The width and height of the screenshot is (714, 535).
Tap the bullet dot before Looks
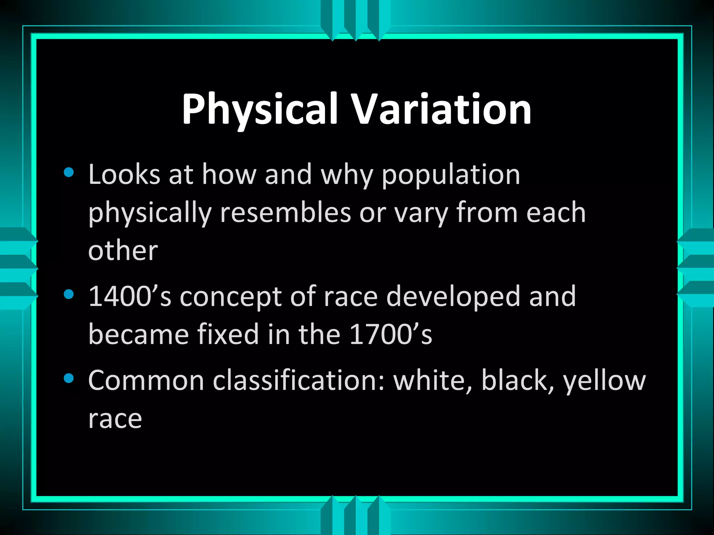click(x=69, y=173)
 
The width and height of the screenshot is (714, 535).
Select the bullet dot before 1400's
click(x=69, y=295)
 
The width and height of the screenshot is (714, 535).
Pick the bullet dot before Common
click(x=69, y=379)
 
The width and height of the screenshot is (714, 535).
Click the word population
click(x=451, y=175)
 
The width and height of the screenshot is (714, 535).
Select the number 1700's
click(x=390, y=334)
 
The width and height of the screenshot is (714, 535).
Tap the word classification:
click(x=299, y=380)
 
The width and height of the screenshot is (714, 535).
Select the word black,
click(x=517, y=380)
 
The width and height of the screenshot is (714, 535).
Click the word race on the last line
click(x=115, y=419)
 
